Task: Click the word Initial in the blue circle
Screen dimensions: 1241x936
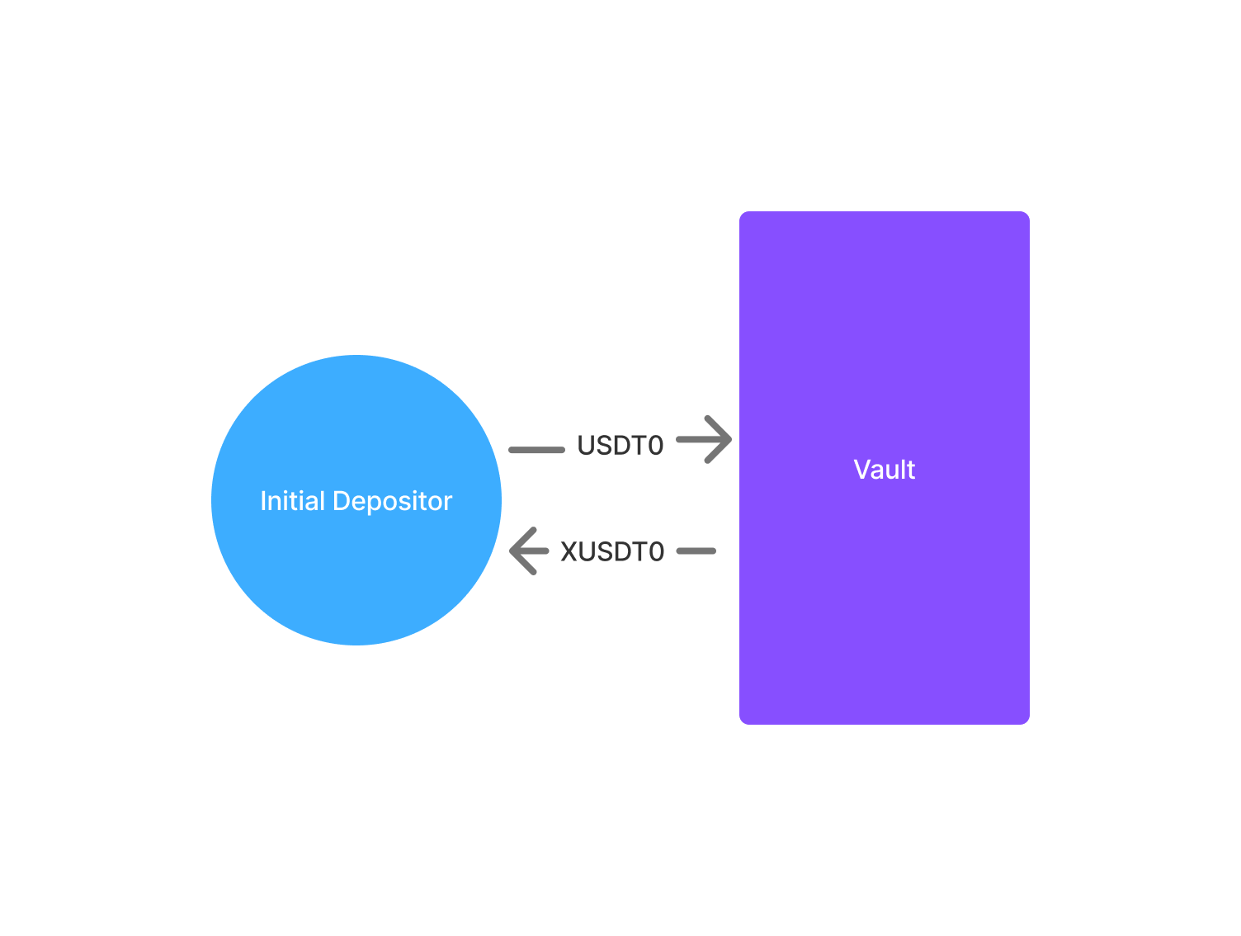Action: pyautogui.click(x=292, y=500)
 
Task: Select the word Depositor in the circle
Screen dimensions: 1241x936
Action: pyautogui.click(x=393, y=503)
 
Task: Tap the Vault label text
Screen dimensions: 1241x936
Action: pyautogui.click(x=884, y=470)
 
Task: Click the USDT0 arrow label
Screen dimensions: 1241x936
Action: pyautogui.click(x=620, y=446)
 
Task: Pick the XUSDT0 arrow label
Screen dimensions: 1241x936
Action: pyautogui.click(x=611, y=552)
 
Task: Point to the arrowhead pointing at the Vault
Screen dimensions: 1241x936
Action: pyautogui.click(x=718, y=439)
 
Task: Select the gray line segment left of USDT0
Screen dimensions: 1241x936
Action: pyautogui.click(x=536, y=450)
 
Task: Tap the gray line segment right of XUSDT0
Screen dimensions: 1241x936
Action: pyautogui.click(x=696, y=551)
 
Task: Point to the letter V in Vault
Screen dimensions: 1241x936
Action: pyautogui.click(x=862, y=470)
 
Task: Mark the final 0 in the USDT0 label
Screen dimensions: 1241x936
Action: pyautogui.click(x=655, y=446)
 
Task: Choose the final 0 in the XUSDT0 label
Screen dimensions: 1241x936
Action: pyautogui.click(x=657, y=552)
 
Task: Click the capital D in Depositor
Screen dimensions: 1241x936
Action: pyautogui.click(x=342, y=501)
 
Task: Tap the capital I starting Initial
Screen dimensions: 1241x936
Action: pyautogui.click(x=263, y=501)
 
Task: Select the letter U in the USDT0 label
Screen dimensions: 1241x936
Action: pyautogui.click(x=586, y=446)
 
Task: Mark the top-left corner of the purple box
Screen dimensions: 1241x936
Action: pyautogui.click(x=739, y=211)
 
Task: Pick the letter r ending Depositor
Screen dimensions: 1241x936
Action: pyautogui.click(x=447, y=504)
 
